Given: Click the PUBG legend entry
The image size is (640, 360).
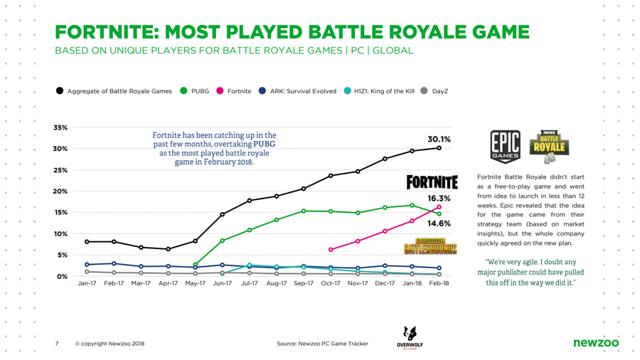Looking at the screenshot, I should click(x=197, y=91).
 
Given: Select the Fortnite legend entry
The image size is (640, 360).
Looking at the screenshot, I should click(x=234, y=91).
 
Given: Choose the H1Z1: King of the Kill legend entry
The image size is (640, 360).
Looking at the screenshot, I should click(x=380, y=91).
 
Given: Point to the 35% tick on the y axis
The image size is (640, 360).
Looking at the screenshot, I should click(x=60, y=128).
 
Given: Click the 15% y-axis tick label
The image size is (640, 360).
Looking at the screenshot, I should click(x=60, y=213).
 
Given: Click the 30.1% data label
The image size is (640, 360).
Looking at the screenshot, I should click(x=438, y=139).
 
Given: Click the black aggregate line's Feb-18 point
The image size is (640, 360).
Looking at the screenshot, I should click(x=439, y=148).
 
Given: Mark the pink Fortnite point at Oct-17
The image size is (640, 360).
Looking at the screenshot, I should click(x=331, y=250).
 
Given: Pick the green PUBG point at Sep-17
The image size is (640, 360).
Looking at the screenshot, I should click(x=304, y=211).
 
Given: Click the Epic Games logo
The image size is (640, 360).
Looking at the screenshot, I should click(x=506, y=145).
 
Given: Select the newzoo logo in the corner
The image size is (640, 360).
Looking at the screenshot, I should click(x=595, y=344).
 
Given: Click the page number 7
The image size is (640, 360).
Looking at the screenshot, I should click(x=56, y=344).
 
